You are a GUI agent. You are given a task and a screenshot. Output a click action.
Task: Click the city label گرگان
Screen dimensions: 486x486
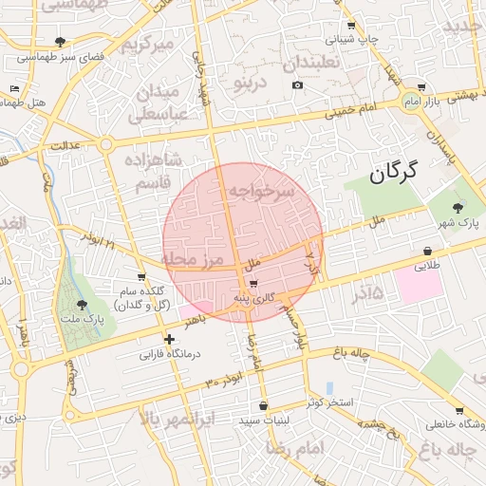click(394, 173)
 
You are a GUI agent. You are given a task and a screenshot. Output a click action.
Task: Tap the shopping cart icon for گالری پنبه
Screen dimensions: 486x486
click(253, 283)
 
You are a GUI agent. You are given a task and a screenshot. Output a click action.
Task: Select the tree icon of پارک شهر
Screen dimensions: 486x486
click(458, 207)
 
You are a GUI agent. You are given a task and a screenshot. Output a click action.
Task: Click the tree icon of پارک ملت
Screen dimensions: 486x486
click(81, 306)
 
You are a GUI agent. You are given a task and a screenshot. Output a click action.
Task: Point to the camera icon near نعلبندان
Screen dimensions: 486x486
click(297, 85)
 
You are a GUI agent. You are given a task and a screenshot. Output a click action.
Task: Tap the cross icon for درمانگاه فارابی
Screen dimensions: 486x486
click(169, 339)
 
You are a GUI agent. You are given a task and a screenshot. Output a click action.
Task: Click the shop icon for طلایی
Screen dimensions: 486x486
click(428, 252)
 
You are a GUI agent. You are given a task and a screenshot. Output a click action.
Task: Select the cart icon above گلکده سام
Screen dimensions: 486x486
click(140, 276)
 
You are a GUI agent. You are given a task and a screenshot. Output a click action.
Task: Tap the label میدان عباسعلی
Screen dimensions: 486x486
click(159, 103)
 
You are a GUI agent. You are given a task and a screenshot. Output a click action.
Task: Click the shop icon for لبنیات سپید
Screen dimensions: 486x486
click(263, 405)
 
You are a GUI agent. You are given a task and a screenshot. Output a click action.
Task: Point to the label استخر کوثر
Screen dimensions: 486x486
click(329, 402)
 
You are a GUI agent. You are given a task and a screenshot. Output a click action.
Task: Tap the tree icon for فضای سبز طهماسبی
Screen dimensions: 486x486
click(62, 42)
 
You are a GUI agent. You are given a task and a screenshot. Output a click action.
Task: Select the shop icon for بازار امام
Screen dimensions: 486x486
click(421, 87)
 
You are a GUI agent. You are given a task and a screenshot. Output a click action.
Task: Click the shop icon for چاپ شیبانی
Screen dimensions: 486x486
click(352, 26)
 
